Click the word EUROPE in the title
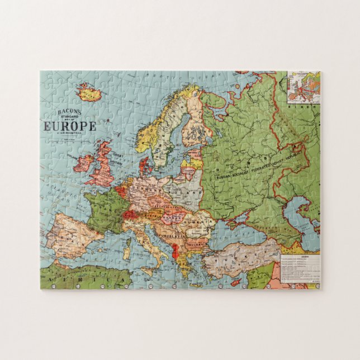(70, 126)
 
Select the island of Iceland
(89, 92)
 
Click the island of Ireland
(84, 163)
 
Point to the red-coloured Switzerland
(130, 214)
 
